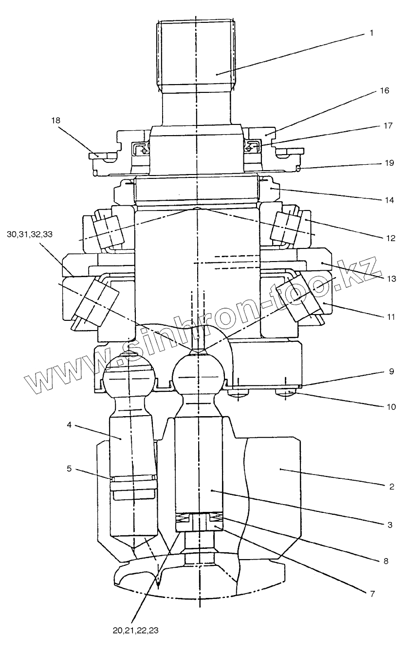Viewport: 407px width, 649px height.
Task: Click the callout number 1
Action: click(x=371, y=34)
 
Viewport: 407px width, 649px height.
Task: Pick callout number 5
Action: click(x=69, y=469)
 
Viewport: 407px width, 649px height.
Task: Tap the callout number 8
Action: click(x=386, y=561)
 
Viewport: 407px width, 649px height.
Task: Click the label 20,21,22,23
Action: click(x=135, y=631)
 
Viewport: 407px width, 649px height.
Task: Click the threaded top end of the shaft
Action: click(x=196, y=53)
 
